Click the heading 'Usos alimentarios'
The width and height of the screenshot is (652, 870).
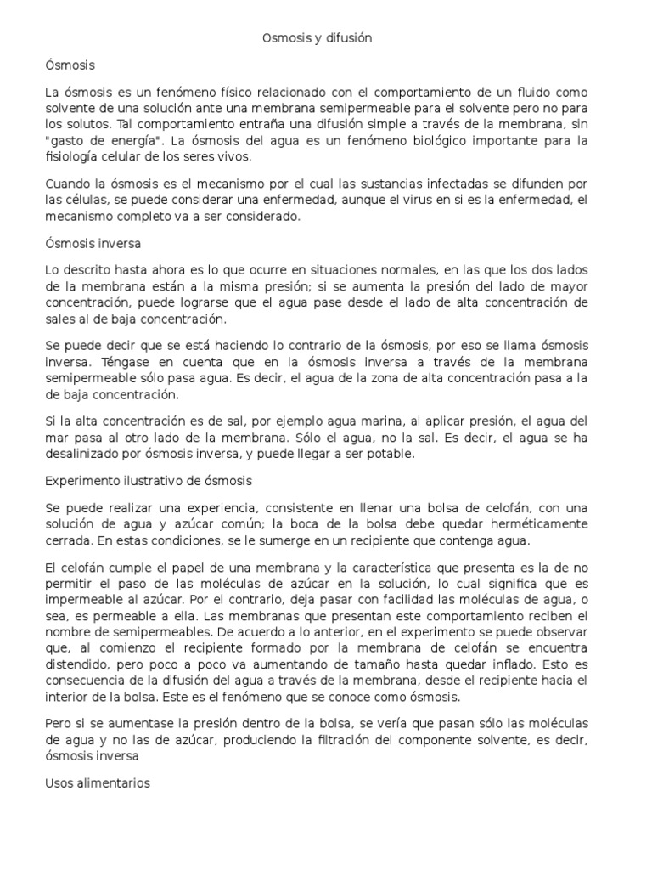pyautogui.click(x=98, y=783)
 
